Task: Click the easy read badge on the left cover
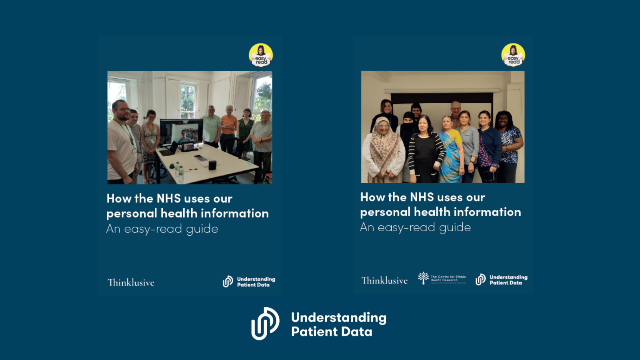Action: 261,55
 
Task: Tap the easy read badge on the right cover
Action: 513,55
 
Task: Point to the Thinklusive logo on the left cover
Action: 131,282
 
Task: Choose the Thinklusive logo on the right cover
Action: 384,280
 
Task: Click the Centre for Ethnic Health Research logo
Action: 442,278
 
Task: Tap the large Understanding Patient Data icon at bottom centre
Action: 265,324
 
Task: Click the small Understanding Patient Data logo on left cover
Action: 249,282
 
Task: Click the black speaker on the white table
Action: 212,165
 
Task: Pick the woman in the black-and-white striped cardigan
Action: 425,150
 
